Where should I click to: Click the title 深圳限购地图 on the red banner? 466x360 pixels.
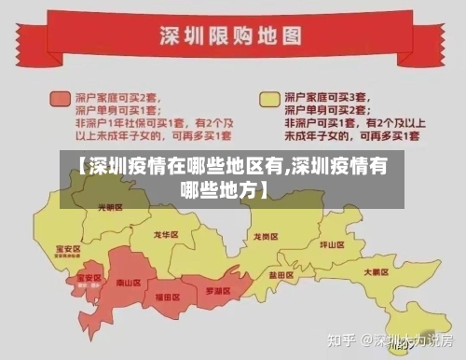click(x=232, y=36)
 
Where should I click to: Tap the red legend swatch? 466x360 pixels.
click(x=61, y=97)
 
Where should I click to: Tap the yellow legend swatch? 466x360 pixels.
click(x=268, y=97)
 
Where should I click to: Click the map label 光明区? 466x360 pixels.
click(x=109, y=207)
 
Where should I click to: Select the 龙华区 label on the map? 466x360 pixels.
click(x=165, y=235)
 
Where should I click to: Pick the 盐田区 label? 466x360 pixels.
click(x=282, y=275)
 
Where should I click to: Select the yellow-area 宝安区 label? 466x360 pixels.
click(x=68, y=248)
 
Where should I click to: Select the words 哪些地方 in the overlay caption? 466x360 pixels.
click(x=227, y=190)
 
